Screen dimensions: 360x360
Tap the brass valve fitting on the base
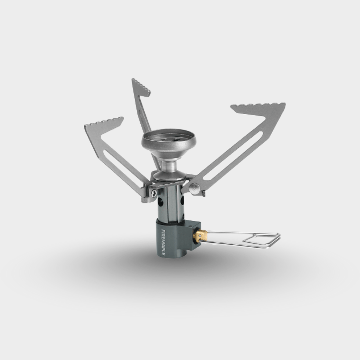(x=200, y=235)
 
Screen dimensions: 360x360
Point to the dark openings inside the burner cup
(x=169, y=139)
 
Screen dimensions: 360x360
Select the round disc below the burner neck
(x=169, y=175)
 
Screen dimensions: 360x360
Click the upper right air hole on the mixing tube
(x=182, y=201)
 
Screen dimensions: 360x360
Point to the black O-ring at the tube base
(x=169, y=220)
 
